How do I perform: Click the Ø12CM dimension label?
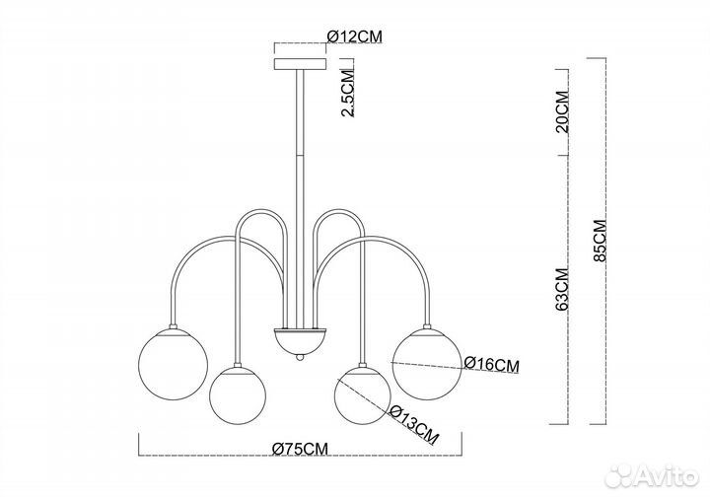[x=355, y=36]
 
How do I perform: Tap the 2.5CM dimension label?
[x=347, y=94]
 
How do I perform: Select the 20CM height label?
[x=561, y=111]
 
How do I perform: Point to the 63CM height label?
[x=561, y=289]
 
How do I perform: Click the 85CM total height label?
[x=600, y=240]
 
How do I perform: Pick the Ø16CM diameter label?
[x=492, y=364]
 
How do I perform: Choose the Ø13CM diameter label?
[x=414, y=424]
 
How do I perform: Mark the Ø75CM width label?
[x=300, y=449]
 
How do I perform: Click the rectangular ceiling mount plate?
[x=300, y=63]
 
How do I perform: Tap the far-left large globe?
[x=173, y=364]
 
